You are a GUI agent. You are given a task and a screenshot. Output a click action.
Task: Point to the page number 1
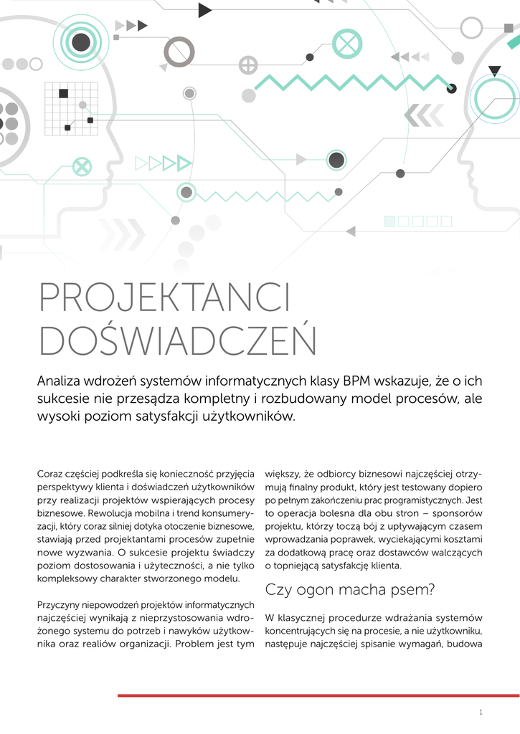pyautogui.click(x=481, y=712)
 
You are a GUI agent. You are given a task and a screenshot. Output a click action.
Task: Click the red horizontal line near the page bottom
pyautogui.click(x=318, y=695)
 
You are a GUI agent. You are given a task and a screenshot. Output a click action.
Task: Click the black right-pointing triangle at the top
pyautogui.click(x=204, y=10)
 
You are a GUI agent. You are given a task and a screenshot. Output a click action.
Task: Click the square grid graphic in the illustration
pyautogui.click(x=71, y=108)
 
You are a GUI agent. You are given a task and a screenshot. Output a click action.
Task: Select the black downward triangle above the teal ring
pyautogui.click(x=494, y=70)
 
